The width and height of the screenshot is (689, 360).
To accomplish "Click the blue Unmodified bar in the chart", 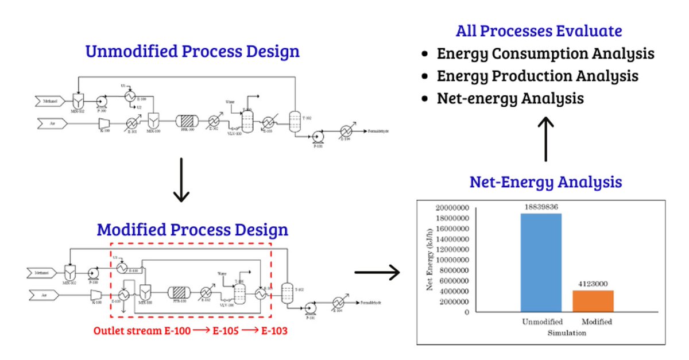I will pos(541,263).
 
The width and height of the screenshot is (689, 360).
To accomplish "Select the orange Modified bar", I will pos(593,301).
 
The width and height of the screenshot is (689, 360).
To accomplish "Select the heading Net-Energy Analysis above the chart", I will pos(545,183).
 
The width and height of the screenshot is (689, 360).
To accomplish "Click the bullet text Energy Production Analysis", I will pos(537,76).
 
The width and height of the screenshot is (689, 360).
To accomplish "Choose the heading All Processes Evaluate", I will pos(539,31).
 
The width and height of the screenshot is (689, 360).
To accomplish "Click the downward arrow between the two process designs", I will pos(181,181).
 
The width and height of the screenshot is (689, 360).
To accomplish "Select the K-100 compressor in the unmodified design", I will pos(105,122).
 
